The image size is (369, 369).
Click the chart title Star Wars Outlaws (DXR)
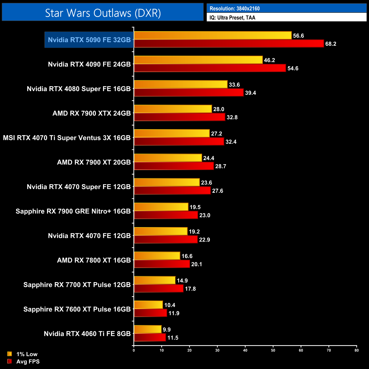click(x=103, y=13)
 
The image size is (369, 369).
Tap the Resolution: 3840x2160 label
click(x=234, y=9)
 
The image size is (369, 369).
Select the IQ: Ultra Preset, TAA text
click(x=232, y=18)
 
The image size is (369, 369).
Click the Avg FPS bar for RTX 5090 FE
click(x=228, y=44)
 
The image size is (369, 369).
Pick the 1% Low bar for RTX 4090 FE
click(x=198, y=60)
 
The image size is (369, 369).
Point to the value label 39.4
click(x=250, y=93)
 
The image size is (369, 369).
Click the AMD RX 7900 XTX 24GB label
click(x=91, y=113)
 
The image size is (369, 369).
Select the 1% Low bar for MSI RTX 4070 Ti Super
click(x=171, y=133)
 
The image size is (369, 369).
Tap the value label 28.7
click(x=221, y=166)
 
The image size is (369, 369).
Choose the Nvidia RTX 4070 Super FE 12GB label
click(x=79, y=187)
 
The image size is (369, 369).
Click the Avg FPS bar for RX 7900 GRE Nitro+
click(x=166, y=215)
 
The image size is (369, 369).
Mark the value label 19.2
click(x=194, y=232)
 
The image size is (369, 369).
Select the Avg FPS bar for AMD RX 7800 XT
click(x=162, y=264)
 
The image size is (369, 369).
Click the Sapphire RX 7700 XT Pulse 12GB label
click(x=77, y=285)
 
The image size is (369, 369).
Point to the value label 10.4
click(x=169, y=305)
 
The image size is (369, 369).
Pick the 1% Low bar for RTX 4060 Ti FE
click(x=148, y=329)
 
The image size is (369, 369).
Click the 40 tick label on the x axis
click(x=245, y=350)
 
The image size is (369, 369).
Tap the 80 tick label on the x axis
click(x=357, y=350)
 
